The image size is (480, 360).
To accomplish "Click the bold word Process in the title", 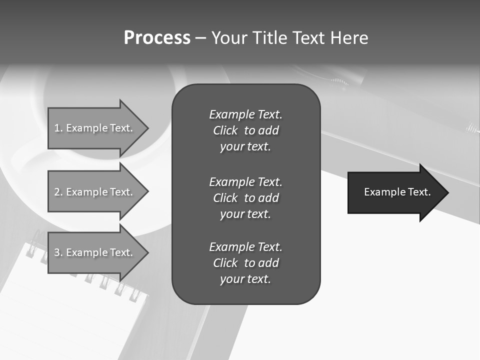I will [x=157, y=38].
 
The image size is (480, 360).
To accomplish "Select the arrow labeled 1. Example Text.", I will [x=95, y=128].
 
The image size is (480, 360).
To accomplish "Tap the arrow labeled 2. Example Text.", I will [x=95, y=192].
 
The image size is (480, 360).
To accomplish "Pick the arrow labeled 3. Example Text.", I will [x=95, y=252].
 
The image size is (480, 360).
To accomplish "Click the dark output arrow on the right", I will [x=395, y=192].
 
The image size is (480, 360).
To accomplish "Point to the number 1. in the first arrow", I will [x=58, y=128].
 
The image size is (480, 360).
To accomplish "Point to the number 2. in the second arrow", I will [x=58, y=192].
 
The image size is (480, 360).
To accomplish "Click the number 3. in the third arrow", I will [x=58, y=252].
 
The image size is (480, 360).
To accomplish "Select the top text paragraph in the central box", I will [x=245, y=130].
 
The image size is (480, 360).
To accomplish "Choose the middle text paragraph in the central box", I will [x=245, y=198].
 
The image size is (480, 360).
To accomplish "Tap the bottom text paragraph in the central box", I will [x=245, y=263].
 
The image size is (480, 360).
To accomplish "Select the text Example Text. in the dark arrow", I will [x=397, y=192].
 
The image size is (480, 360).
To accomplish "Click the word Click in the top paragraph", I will [x=225, y=130].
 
